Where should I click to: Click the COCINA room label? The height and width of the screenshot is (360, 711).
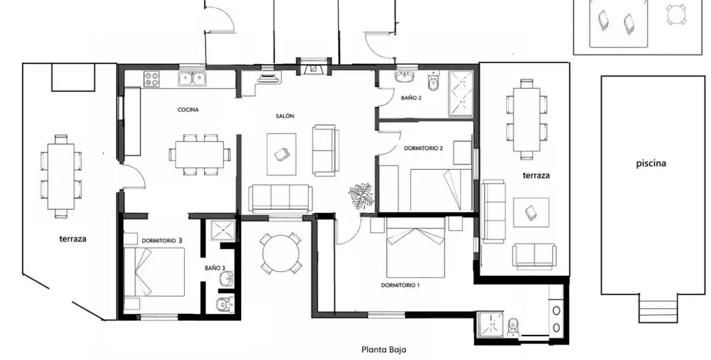pyautogui.click(x=188, y=110)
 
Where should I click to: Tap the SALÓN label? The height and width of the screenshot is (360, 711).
pyautogui.click(x=285, y=116)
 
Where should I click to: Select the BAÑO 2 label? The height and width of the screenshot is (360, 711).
pyautogui.click(x=411, y=98)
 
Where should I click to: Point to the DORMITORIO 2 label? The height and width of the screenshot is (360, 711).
pyautogui.click(x=424, y=148)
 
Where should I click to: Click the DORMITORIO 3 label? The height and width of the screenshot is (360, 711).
pyautogui.click(x=162, y=241)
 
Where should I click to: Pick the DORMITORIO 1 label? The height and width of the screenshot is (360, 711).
pyautogui.click(x=400, y=285)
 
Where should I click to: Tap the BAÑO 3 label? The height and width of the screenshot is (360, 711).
pyautogui.click(x=214, y=268)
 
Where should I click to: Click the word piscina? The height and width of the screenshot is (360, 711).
pyautogui.click(x=651, y=164)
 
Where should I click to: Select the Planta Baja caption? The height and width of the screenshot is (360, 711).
pyautogui.click(x=384, y=350)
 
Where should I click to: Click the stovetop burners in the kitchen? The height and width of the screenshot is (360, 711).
pyautogui.click(x=151, y=79)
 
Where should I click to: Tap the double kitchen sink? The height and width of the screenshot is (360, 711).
pyautogui.click(x=192, y=79)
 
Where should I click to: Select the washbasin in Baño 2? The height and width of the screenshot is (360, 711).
pyautogui.click(x=403, y=77)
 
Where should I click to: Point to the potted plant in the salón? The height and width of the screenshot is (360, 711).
pyautogui.click(x=361, y=195)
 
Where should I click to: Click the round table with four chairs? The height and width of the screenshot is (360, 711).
pyautogui.click(x=281, y=253)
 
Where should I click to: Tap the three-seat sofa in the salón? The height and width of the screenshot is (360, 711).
pyautogui.click(x=281, y=198)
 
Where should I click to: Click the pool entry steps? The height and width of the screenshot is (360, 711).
pyautogui.click(x=658, y=307)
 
